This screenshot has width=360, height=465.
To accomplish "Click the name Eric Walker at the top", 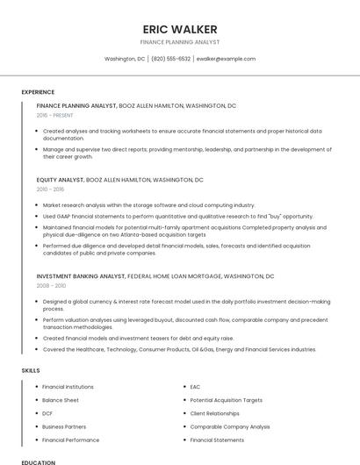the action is point(180,29).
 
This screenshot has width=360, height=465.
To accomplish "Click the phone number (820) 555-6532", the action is point(170,59).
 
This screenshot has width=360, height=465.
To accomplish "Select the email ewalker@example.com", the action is point(226,59).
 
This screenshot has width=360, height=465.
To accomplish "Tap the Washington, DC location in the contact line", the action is point(125,59).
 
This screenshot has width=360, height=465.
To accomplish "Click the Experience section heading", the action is point(38,92).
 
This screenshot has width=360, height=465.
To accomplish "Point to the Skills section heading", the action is point(31,370).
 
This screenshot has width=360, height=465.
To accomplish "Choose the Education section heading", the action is point(38,461).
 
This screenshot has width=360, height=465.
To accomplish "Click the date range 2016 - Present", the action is point(56,115).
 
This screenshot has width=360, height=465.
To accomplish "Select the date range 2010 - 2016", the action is point(50,189).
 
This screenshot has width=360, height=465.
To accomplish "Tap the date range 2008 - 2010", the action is point(51,285).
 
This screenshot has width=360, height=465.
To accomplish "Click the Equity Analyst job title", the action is point(60,179).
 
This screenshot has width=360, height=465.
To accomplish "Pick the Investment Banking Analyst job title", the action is point(81,275).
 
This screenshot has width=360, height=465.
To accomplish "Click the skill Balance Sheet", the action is point(61,400).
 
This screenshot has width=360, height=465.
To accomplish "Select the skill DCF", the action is point(48,413).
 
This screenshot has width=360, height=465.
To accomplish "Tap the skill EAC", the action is point(195,387).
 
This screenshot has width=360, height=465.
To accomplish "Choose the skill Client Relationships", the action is point(214,413).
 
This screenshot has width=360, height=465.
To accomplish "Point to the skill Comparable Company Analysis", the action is point(229,426).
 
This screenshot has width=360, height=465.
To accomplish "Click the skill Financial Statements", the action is point(217,440).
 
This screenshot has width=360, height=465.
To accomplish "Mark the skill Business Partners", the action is point(64,426).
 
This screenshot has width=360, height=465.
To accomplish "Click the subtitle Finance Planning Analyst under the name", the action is point(180,41).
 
